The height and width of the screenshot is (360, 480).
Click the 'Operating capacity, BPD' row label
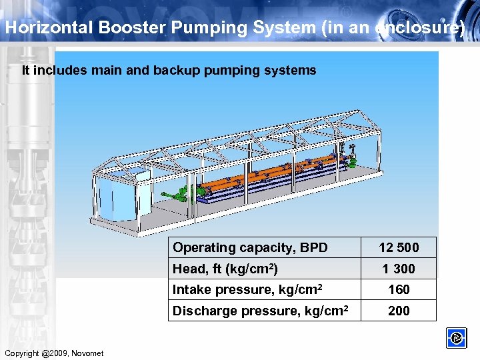tap(250, 247)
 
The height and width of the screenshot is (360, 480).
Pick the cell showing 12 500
tap(399, 247)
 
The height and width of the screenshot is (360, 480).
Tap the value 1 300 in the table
tap(399, 269)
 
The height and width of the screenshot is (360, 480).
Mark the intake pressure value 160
tap(399, 289)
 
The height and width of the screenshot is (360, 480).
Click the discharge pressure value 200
tap(399, 311)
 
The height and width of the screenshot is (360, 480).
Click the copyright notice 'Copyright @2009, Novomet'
tap(53, 353)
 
